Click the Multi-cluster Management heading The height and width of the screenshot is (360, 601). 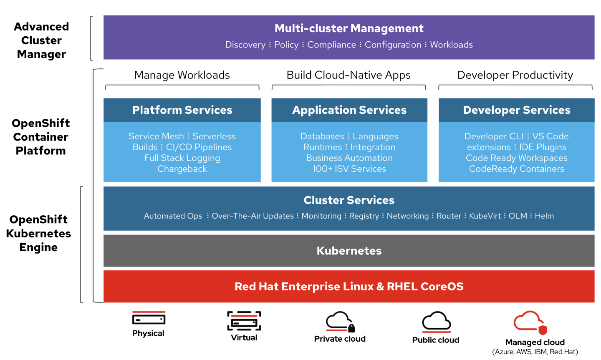(x=349, y=28)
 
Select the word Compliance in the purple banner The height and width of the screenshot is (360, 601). (x=331, y=45)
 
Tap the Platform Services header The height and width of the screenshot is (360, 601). (x=182, y=110)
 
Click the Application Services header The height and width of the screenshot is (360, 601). (x=349, y=110)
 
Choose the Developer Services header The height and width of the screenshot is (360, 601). (x=517, y=110)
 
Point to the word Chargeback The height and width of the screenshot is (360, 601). (x=182, y=169)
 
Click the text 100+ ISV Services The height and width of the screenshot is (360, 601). (x=349, y=169)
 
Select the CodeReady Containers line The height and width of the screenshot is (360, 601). (x=517, y=169)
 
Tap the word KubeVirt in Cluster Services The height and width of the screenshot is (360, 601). (x=485, y=216)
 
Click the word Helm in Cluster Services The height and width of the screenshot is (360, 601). (x=544, y=216)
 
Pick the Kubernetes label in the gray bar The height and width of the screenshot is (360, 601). (x=349, y=251)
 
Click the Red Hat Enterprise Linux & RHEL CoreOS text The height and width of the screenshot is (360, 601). (x=349, y=287)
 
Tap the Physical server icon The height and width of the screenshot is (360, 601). (x=149, y=319)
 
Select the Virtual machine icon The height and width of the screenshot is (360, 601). (x=244, y=321)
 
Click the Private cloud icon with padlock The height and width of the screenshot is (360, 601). (x=340, y=322)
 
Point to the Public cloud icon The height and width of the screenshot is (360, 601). (x=436, y=322)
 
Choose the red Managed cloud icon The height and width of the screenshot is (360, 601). (x=530, y=322)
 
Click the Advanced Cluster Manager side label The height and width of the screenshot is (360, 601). (x=41, y=40)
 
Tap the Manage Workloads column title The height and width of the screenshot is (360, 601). (x=182, y=75)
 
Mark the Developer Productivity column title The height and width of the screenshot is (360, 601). (x=515, y=75)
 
